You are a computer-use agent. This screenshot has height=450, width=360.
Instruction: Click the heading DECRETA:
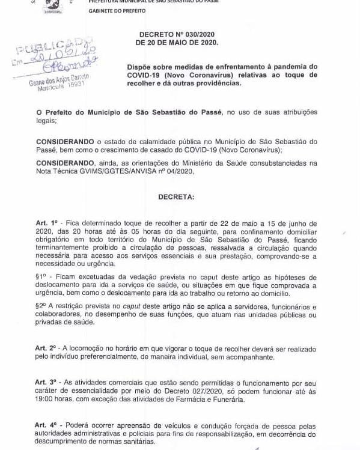pos(176,196)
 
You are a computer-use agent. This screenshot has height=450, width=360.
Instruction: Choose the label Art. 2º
pos(46,348)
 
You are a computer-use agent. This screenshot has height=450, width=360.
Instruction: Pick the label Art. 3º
pos(46,382)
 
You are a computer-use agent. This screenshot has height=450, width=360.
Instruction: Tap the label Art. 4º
pos(46,425)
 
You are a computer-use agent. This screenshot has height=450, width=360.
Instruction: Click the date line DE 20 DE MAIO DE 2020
pos(177,43)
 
